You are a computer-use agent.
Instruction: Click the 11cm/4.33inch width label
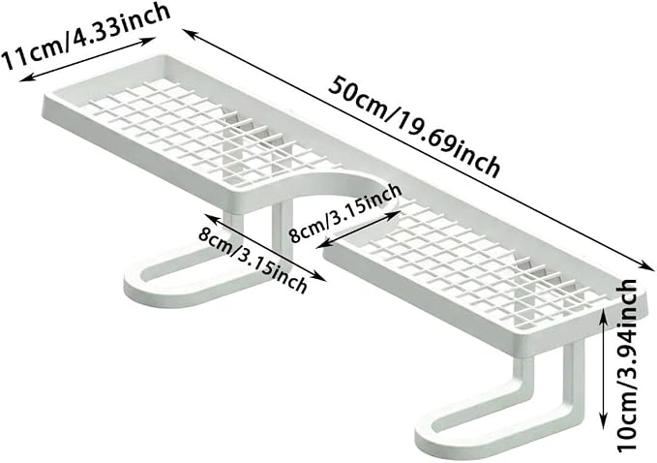86,35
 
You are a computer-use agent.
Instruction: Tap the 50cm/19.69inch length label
414,127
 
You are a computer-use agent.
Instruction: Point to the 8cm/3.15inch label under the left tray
253,260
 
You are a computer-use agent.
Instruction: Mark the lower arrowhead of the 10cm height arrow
604,423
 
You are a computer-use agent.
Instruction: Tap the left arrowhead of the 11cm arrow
25,78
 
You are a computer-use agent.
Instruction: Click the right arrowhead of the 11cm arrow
150,40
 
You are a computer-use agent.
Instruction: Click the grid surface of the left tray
185,130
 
